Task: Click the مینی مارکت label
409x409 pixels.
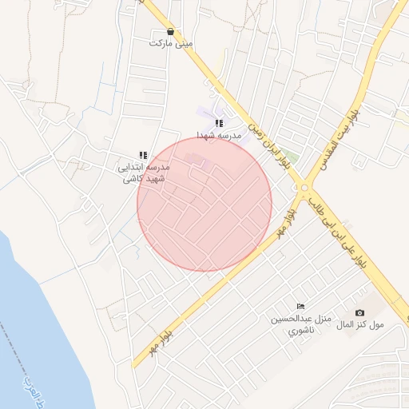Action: (171, 42)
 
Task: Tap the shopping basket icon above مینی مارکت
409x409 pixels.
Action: (171, 31)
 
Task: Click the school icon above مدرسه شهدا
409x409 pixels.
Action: (219, 123)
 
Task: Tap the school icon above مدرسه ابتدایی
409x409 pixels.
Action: (143, 155)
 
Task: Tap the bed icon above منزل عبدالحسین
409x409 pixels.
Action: (300, 306)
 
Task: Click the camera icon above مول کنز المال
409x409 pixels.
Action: (359, 312)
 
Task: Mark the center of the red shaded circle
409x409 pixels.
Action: (204, 204)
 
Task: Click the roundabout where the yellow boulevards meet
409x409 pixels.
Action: (304, 189)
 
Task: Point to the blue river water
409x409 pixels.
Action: (32, 320)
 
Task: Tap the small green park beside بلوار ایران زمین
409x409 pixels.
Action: (291, 157)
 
